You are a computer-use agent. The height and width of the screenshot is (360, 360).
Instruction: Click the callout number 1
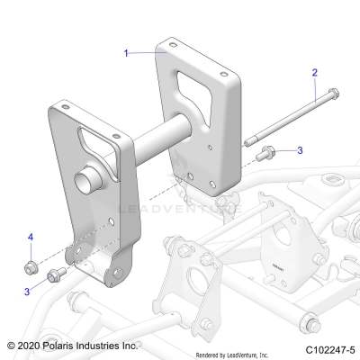tap(128, 53)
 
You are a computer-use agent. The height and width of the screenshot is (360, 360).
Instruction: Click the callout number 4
tap(30, 237)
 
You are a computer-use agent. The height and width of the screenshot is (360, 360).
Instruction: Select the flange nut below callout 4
tap(31, 266)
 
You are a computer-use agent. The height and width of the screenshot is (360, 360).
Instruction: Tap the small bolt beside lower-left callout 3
tap(54, 274)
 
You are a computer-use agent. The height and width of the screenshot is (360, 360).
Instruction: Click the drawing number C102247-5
tap(325, 346)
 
